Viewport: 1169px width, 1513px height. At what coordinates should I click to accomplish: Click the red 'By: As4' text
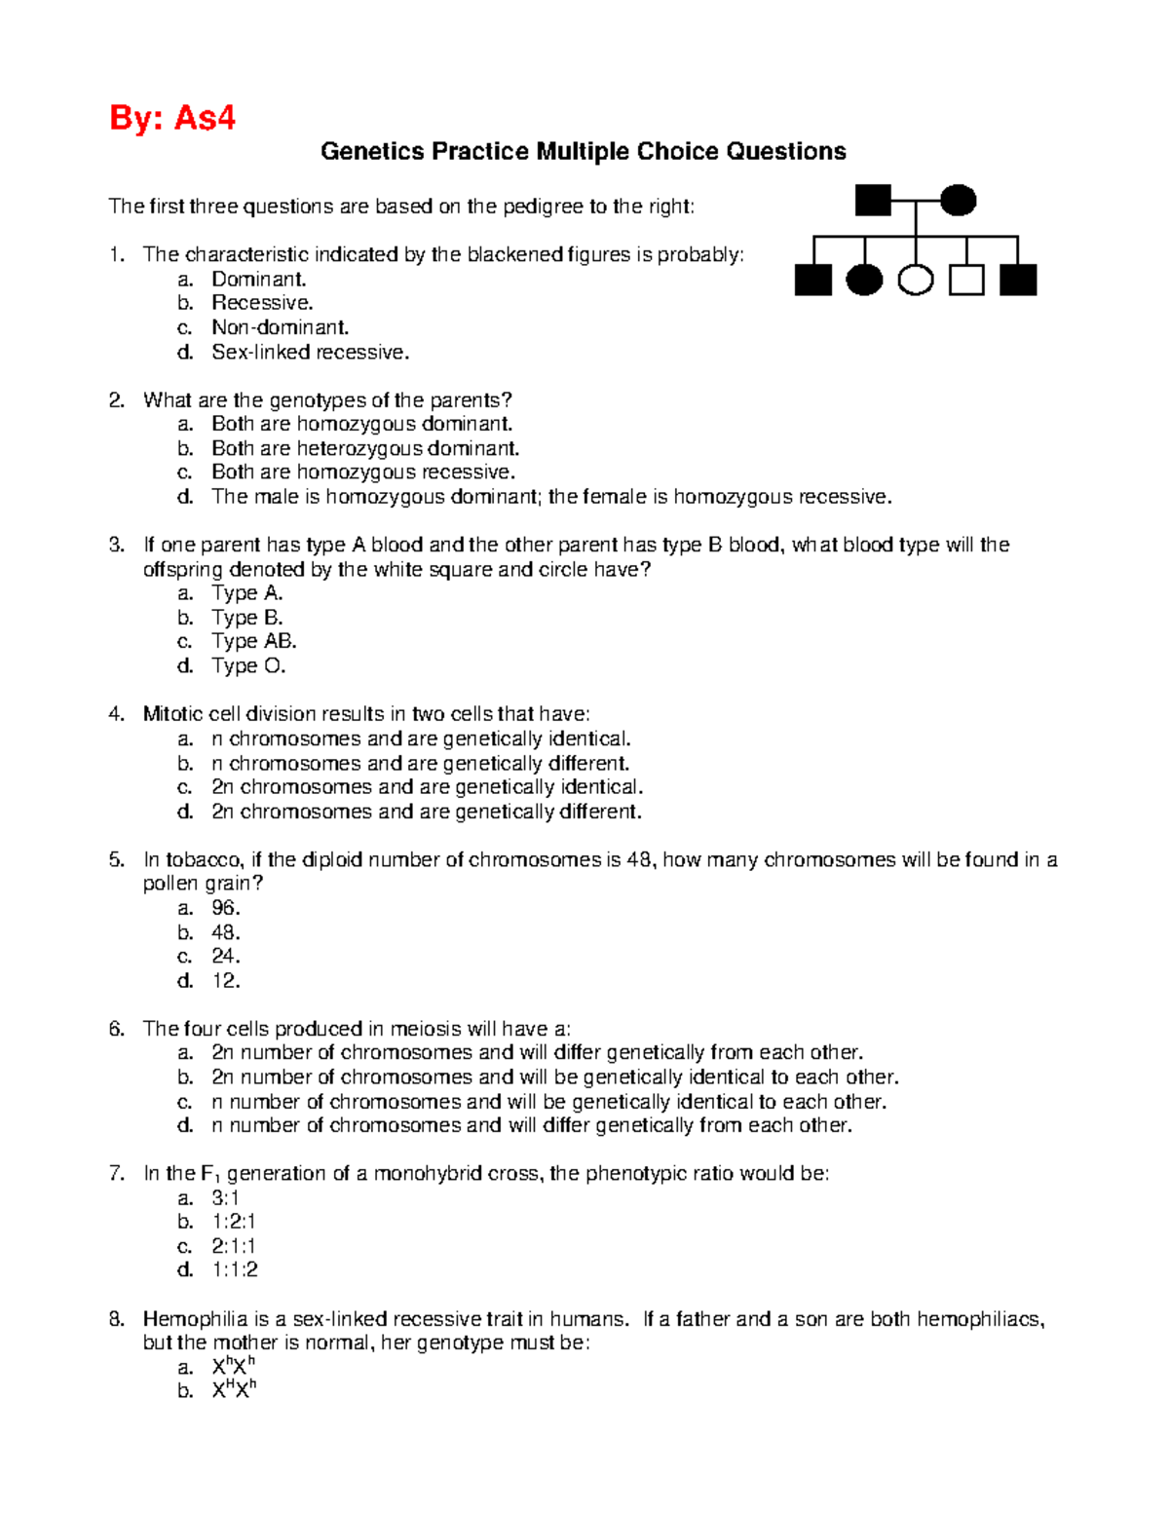[172, 118]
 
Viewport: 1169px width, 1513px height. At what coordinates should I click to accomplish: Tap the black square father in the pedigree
[873, 201]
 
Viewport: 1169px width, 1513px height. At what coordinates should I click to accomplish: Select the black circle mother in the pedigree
[958, 201]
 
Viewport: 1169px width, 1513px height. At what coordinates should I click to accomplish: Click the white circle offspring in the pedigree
[915, 281]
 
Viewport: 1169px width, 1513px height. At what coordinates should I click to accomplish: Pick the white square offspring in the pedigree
[966, 281]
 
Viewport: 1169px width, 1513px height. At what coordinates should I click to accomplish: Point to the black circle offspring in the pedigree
[864, 281]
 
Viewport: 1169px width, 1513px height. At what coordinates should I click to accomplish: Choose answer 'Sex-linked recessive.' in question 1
[310, 353]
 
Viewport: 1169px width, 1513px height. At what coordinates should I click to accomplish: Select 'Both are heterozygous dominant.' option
[365, 448]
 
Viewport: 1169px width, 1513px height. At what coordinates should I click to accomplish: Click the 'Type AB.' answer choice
[253, 641]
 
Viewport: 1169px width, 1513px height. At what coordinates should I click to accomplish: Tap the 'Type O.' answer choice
[248, 666]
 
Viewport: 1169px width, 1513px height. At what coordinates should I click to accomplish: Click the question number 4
[116, 714]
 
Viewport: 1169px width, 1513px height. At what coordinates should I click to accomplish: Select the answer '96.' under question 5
[225, 908]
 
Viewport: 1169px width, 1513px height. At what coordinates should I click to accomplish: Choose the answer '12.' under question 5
[225, 981]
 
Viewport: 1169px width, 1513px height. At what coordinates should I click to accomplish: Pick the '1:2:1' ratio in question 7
[234, 1222]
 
